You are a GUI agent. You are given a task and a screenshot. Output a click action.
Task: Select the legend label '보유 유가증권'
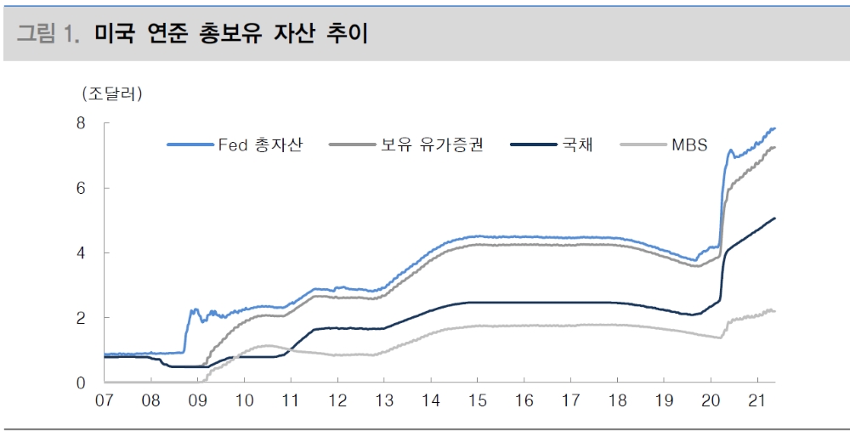pos(432,145)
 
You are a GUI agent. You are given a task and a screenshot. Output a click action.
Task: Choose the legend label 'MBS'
pos(689,145)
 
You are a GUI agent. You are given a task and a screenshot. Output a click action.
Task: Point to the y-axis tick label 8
pos(82,122)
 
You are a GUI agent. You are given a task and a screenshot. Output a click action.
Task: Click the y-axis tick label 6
pos(82,188)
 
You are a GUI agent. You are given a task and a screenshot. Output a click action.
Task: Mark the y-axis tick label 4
pos(82,252)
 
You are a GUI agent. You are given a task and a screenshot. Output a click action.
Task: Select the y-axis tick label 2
pos(82,318)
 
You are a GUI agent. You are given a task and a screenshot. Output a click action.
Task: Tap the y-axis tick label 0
pos(82,383)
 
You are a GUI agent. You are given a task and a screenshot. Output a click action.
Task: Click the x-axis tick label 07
pos(105,400)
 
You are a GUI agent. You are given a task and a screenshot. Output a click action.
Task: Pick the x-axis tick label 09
pos(197,400)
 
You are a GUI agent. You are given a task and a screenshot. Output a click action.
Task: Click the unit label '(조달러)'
pos(111,93)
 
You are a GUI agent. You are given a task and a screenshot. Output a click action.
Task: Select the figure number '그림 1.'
pos(49,34)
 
